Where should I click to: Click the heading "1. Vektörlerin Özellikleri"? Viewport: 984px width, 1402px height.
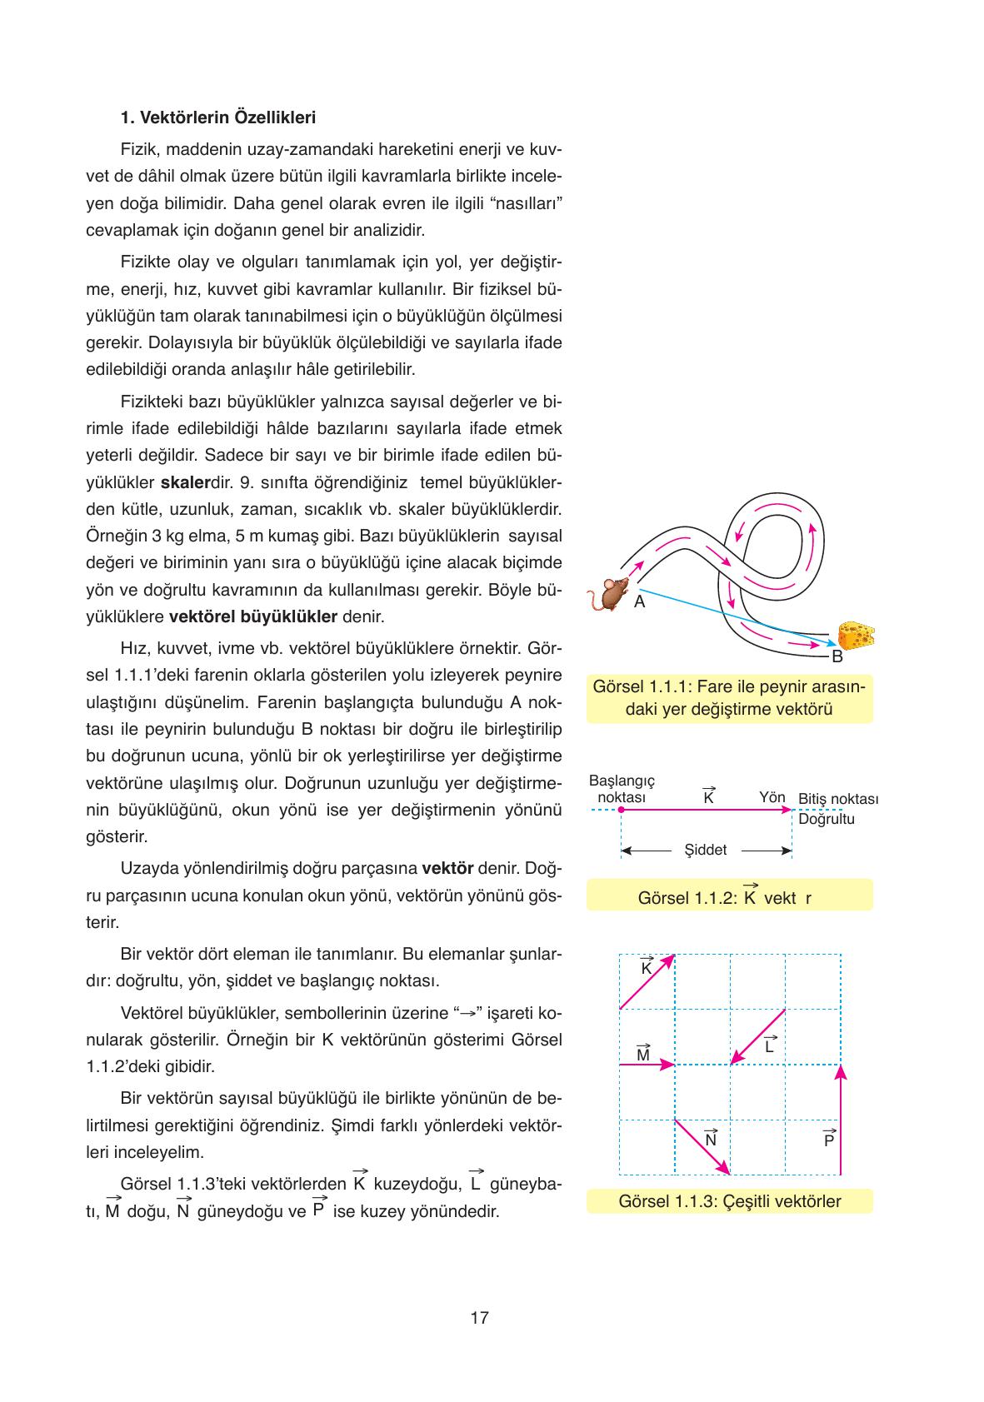click(218, 117)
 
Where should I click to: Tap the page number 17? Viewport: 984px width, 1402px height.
click(479, 1318)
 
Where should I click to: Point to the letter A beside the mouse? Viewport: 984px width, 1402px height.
click(639, 601)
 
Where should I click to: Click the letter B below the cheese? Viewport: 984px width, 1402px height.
click(837, 656)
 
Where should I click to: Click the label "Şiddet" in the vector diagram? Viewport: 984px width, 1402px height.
click(705, 851)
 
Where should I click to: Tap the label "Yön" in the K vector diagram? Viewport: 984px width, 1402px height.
click(772, 797)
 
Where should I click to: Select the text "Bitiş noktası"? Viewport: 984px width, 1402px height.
click(838, 799)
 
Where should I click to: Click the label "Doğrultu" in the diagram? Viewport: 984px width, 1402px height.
click(827, 819)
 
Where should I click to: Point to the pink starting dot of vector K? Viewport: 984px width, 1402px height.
click(621, 809)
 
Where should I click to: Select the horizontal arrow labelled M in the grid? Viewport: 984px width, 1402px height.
click(647, 1065)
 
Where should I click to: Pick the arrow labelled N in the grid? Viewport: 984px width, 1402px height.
click(702, 1147)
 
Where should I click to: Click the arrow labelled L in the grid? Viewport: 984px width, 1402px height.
click(757, 1037)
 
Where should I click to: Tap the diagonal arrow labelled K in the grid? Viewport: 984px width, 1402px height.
click(647, 982)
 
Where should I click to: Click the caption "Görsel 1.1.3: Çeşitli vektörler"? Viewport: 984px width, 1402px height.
click(729, 1201)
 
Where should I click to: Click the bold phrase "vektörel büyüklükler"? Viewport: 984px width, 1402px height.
click(252, 617)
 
